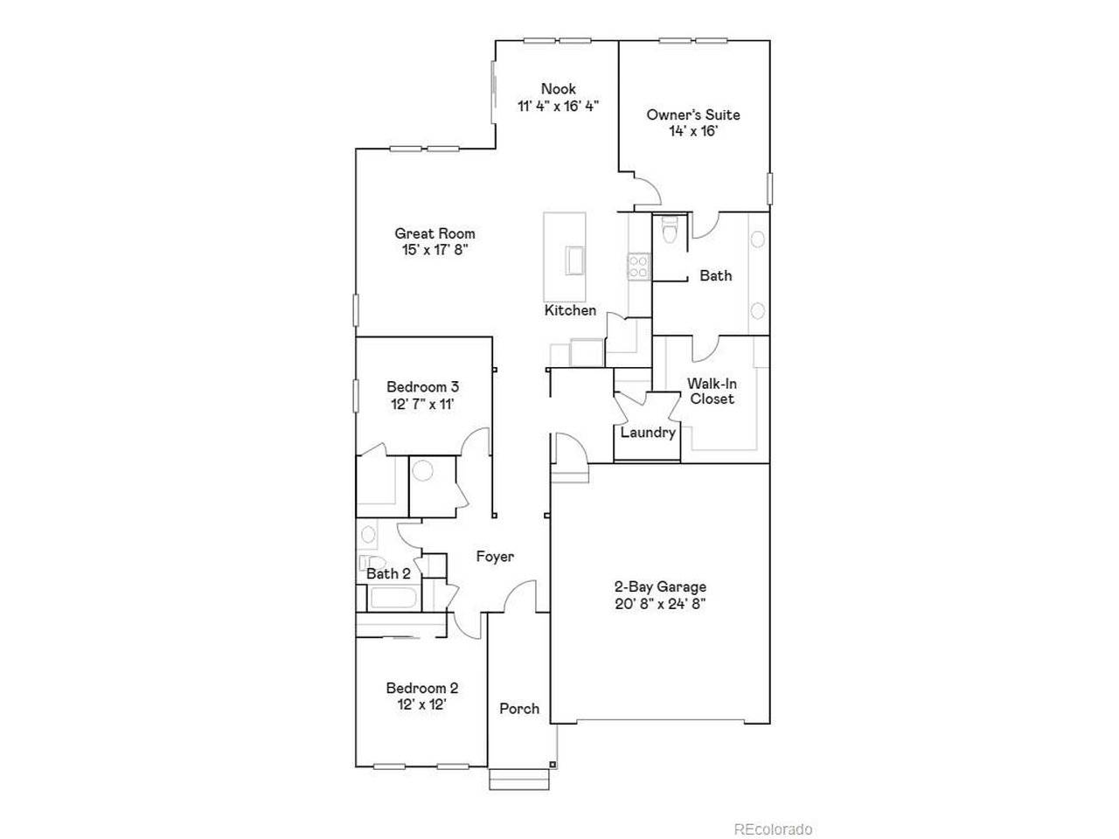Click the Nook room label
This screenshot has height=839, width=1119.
click(558, 89)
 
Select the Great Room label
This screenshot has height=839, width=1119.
click(434, 233)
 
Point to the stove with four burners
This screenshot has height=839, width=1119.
click(639, 266)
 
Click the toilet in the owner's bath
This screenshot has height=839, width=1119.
click(671, 232)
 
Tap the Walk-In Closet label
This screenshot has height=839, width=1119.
click(711, 391)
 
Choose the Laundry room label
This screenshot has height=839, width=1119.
click(648, 433)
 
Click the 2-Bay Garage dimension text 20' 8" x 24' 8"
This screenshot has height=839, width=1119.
click(660, 604)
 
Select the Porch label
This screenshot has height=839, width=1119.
click(519, 709)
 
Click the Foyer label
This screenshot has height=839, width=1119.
click(495, 557)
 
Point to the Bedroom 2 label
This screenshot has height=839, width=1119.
click(422, 688)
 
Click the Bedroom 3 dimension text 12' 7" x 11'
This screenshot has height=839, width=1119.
click(423, 403)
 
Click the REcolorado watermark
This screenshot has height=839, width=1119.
click(773, 829)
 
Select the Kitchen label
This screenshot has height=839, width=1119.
click(570, 310)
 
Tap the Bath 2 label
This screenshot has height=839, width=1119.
click(388, 574)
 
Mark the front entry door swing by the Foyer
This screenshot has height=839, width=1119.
click(521, 596)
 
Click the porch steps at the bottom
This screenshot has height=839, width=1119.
click(507, 779)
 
